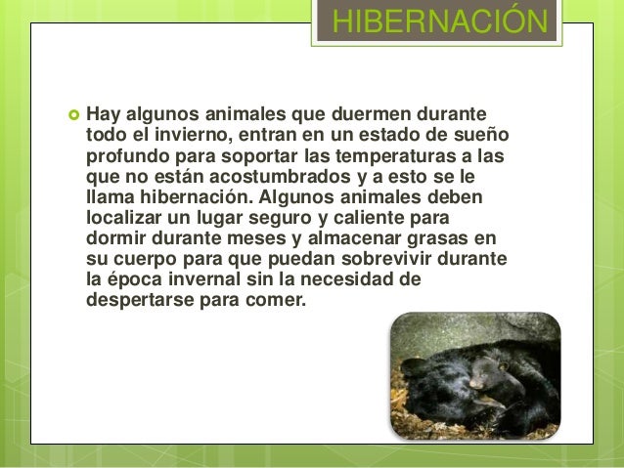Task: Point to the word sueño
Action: click(x=485, y=135)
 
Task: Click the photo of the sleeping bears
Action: click(x=475, y=375)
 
